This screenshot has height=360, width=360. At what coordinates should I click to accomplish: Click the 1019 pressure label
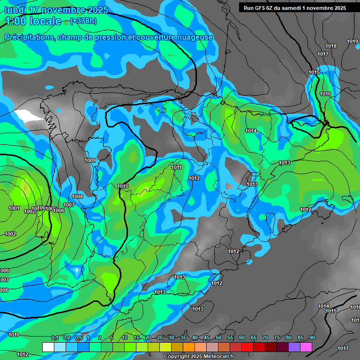(x=352, y=42)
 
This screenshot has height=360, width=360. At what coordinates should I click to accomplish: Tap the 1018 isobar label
(x=331, y=46)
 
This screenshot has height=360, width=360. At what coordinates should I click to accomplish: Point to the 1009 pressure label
(x=90, y=161)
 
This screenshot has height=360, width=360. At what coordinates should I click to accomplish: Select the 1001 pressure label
(x=14, y=209)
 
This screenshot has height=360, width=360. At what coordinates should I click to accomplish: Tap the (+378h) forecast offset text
(x=83, y=21)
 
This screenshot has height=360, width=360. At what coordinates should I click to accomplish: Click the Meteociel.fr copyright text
(x=199, y=357)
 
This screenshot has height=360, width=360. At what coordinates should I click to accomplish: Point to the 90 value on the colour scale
(x=312, y=338)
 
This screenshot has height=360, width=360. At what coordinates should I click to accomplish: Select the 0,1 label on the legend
(x=54, y=338)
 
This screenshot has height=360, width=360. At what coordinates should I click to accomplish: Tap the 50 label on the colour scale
(x=218, y=338)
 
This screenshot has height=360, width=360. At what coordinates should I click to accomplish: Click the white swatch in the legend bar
(x=48, y=347)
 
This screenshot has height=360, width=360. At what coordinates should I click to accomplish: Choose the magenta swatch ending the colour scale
(x=306, y=347)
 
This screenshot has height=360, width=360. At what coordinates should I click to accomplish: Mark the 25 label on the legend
(x=160, y=338)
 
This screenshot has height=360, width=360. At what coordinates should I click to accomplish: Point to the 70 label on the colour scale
(x=265, y=338)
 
